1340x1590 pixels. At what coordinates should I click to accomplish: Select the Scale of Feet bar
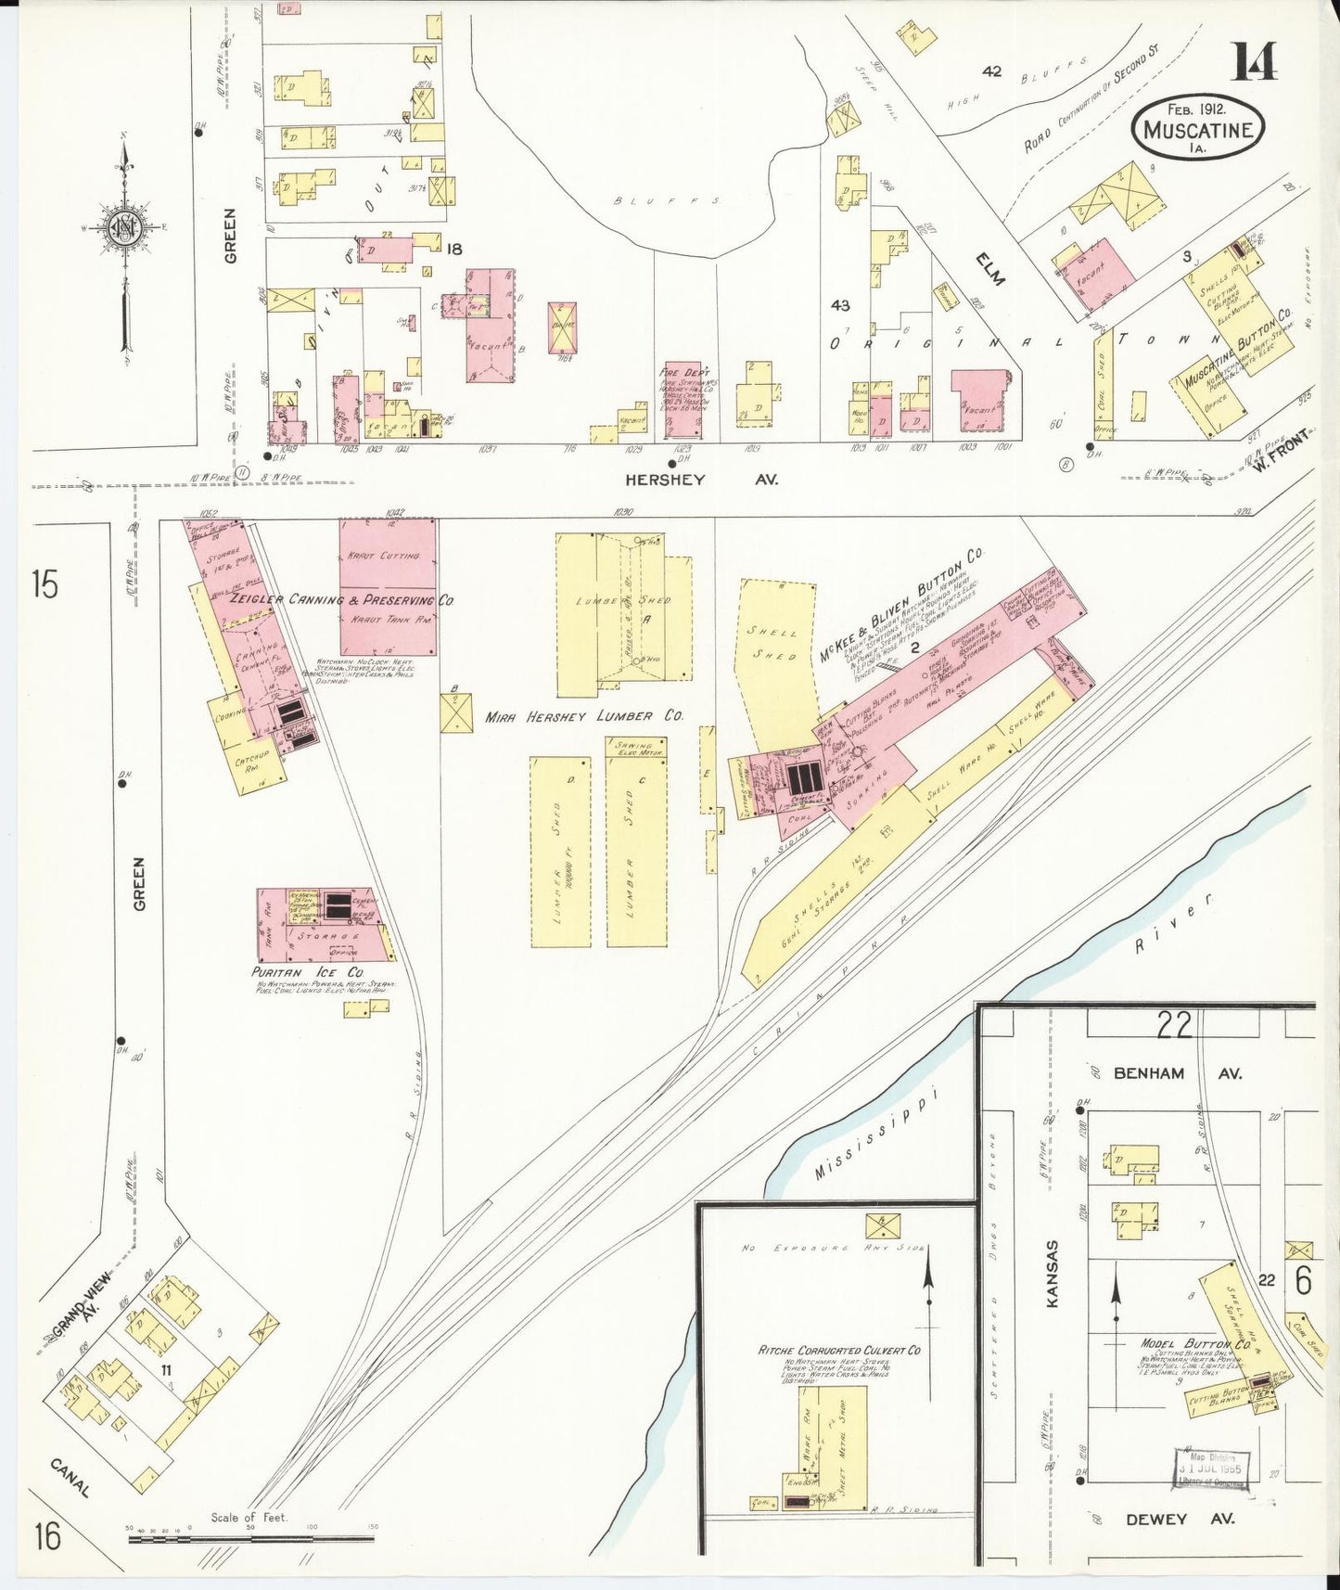coord(250,1537)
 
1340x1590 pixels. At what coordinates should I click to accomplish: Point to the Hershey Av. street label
coord(664,480)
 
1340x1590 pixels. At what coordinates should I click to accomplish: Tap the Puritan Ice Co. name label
coord(307,971)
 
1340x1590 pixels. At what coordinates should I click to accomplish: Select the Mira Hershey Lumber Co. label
coord(584,717)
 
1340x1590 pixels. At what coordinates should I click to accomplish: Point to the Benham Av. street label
coord(1149,1073)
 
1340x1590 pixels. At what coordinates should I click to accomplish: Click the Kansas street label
coord(1053,1274)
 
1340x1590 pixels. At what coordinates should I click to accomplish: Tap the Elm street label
coord(990,267)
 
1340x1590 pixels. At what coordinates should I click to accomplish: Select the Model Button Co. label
coord(1196,1344)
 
